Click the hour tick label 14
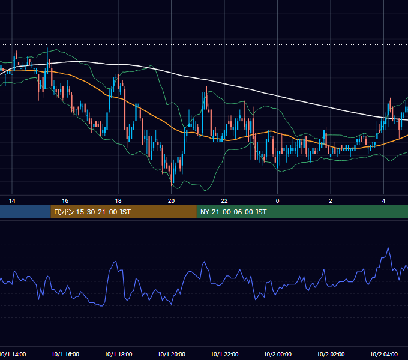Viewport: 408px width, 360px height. [x=12, y=201]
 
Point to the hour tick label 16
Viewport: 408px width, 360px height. [x=65, y=201]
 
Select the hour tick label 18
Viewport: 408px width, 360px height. [x=118, y=201]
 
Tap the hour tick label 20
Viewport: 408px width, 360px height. [x=171, y=201]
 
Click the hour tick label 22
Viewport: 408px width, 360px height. [x=224, y=201]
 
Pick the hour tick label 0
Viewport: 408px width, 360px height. [x=277, y=201]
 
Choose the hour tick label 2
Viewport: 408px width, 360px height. [x=331, y=201]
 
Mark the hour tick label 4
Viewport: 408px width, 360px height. [x=383, y=201]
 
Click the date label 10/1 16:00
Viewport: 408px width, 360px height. [x=65, y=354]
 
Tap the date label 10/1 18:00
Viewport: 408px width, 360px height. [x=118, y=354]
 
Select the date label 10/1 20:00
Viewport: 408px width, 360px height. [x=171, y=354]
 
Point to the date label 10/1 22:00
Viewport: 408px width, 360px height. [x=224, y=354]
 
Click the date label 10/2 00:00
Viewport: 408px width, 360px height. [x=277, y=354]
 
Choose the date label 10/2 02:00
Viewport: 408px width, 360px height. [x=331, y=354]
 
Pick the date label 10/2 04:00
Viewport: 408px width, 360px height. [x=383, y=354]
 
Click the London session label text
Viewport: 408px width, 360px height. [x=92, y=212]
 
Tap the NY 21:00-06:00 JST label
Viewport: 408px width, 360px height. [x=233, y=212]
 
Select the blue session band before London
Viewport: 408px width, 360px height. [x=25, y=212]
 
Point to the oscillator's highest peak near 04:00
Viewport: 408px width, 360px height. [x=388, y=248]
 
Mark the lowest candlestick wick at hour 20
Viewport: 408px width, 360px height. [x=172, y=185]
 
